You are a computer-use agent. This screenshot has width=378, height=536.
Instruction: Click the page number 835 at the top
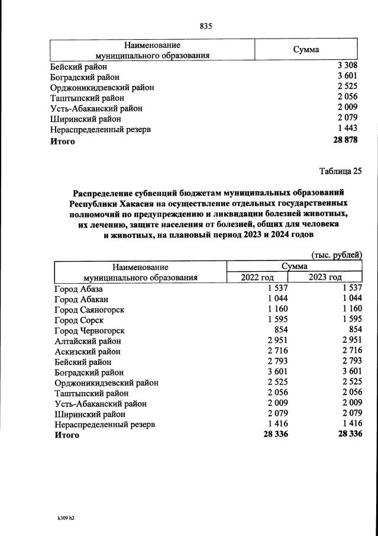click(206, 26)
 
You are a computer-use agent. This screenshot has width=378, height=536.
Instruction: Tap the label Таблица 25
click(340, 172)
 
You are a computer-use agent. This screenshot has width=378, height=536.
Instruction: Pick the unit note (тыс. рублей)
click(336, 255)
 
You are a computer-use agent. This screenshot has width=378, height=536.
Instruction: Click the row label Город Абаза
click(79, 289)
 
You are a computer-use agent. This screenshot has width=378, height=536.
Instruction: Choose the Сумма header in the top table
click(306, 50)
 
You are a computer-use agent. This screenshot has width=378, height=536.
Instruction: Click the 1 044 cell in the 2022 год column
click(276, 299)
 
